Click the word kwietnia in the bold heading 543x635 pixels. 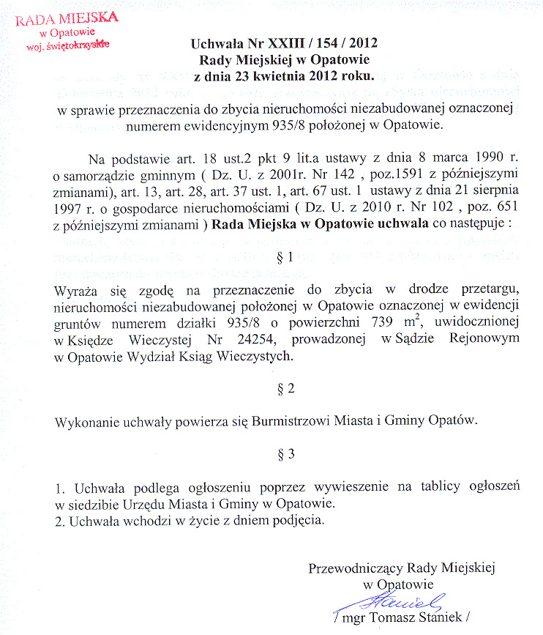pos(290,75)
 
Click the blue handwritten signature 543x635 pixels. pos(397,602)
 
